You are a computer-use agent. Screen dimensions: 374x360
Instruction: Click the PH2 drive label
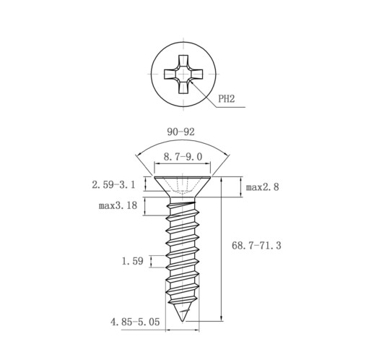(226, 99)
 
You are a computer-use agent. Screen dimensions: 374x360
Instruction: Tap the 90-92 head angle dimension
(181, 132)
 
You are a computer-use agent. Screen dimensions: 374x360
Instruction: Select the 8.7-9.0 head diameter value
(183, 157)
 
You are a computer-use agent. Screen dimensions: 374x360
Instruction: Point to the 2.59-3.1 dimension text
(113, 185)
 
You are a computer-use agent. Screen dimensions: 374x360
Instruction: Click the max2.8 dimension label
(262, 187)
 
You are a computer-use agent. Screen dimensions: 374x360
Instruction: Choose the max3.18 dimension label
(118, 205)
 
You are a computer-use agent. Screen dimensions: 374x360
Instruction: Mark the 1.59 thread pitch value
(133, 261)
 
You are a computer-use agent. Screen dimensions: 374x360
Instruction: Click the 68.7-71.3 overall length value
(256, 246)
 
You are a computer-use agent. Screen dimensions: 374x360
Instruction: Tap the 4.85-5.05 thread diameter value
(135, 322)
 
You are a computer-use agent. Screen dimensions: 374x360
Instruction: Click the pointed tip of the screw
(182, 321)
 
